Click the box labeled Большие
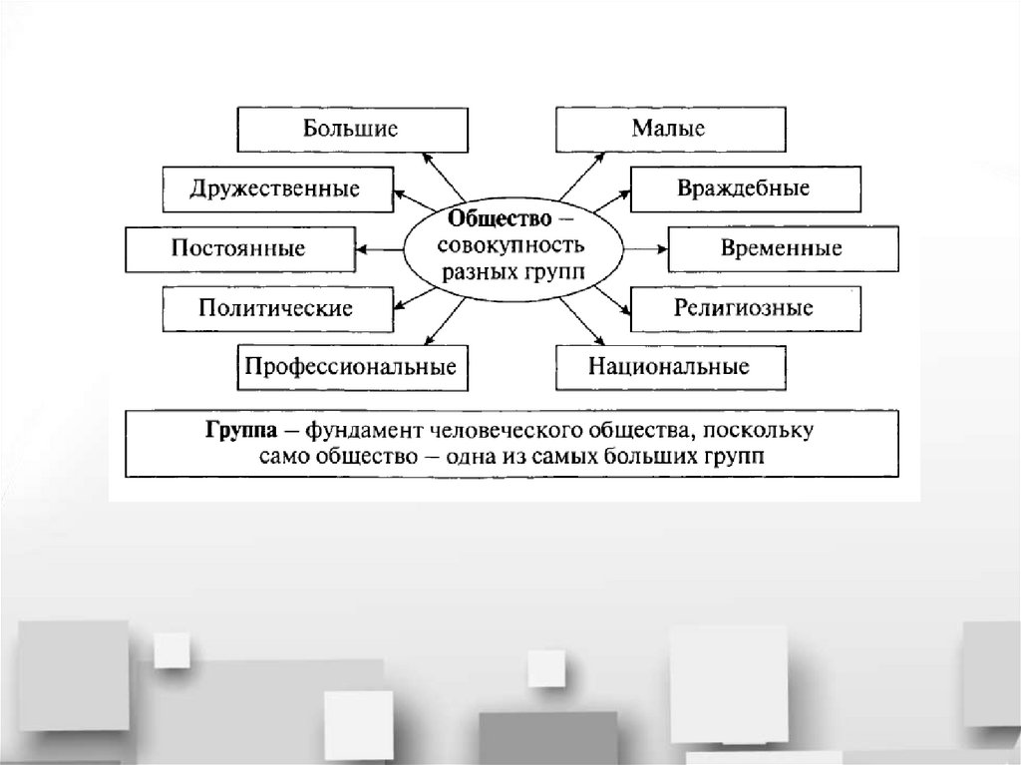[351, 129]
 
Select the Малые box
[668, 129]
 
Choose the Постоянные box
[238, 248]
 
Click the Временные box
[783, 248]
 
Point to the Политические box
[275, 308]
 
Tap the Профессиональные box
[351, 366]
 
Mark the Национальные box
[669, 366]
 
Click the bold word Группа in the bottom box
[236, 431]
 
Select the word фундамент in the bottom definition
[366, 431]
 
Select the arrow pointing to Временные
[642, 247]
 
